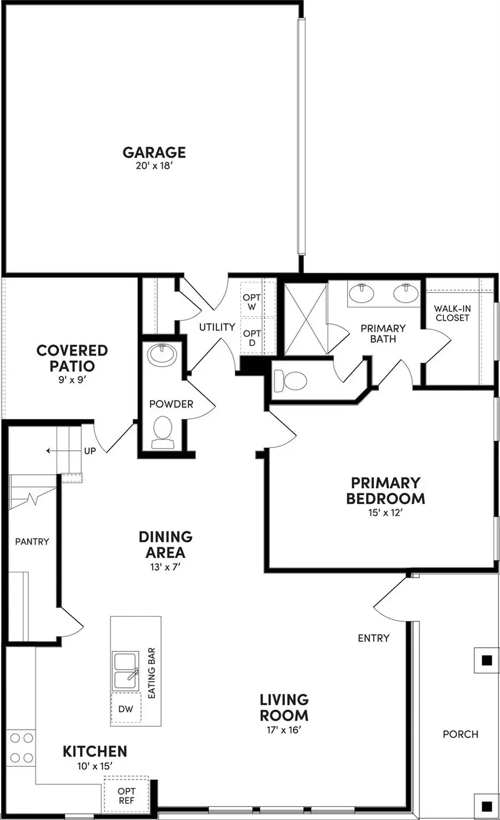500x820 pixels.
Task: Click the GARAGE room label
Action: (x=154, y=152)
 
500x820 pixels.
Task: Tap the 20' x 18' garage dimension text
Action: (x=154, y=165)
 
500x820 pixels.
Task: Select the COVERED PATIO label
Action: (x=72, y=358)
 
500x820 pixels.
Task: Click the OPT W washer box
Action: (x=252, y=303)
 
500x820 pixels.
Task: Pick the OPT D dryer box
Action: (x=252, y=338)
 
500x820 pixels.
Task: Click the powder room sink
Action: (x=162, y=355)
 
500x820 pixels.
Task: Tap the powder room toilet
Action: (x=163, y=432)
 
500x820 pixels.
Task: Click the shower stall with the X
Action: (x=305, y=319)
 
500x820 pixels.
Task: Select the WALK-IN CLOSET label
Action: (x=452, y=313)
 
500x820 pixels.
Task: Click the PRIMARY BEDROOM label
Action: (x=385, y=491)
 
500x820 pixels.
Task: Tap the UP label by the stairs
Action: (x=90, y=451)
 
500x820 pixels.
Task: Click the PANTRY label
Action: (x=32, y=541)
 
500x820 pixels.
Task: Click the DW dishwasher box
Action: (x=126, y=709)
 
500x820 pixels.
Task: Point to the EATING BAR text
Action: (x=152, y=673)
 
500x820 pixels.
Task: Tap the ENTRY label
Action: (x=373, y=638)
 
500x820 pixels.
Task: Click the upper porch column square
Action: (x=487, y=660)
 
